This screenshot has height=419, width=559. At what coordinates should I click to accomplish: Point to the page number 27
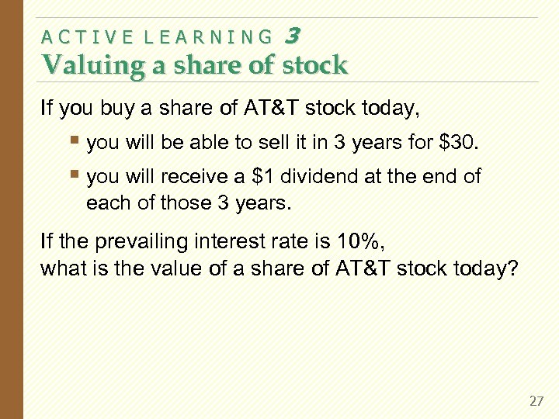[536, 401]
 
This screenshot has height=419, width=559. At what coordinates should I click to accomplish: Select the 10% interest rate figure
[358, 242]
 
